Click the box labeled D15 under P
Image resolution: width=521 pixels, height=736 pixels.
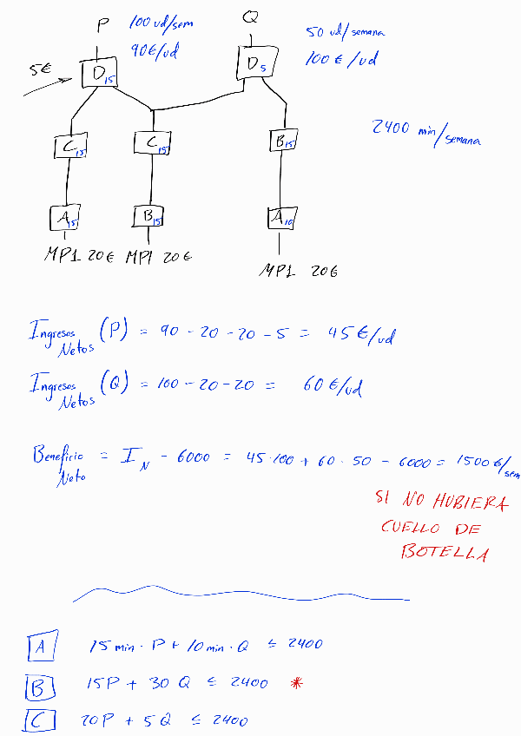point(99,74)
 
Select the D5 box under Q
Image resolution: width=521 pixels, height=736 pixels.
point(254,62)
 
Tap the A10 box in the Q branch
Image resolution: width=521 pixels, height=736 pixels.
point(280,219)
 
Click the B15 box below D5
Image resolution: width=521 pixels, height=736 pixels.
point(282,141)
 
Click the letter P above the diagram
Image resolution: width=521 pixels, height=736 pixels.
point(102,25)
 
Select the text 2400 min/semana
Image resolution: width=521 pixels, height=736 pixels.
point(425,131)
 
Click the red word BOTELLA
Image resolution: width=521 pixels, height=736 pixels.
point(444,553)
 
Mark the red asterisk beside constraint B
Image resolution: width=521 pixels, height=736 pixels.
point(297,683)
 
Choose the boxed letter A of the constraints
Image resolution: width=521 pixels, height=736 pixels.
point(42,647)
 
